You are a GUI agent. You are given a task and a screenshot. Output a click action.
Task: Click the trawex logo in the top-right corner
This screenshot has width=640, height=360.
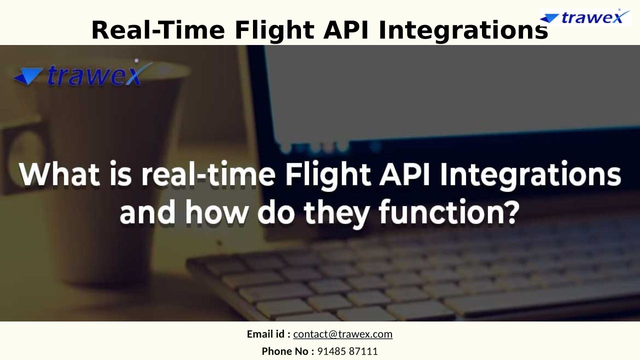tap(585, 17)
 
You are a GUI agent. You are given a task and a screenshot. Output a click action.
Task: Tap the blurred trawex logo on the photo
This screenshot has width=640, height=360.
tap(83, 73)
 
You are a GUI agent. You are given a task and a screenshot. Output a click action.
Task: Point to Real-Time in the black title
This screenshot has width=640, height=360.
tap(158, 30)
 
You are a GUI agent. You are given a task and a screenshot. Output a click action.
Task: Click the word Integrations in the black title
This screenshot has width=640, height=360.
tap(463, 30)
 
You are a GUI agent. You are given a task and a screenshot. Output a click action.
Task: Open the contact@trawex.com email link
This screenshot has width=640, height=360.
tap(343, 334)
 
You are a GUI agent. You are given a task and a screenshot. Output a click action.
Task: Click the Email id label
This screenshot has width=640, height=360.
tap(268, 334)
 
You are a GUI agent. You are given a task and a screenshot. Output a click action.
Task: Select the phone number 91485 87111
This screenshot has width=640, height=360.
tap(347, 351)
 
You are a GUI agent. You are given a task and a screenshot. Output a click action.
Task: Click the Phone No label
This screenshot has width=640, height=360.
tap(288, 351)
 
